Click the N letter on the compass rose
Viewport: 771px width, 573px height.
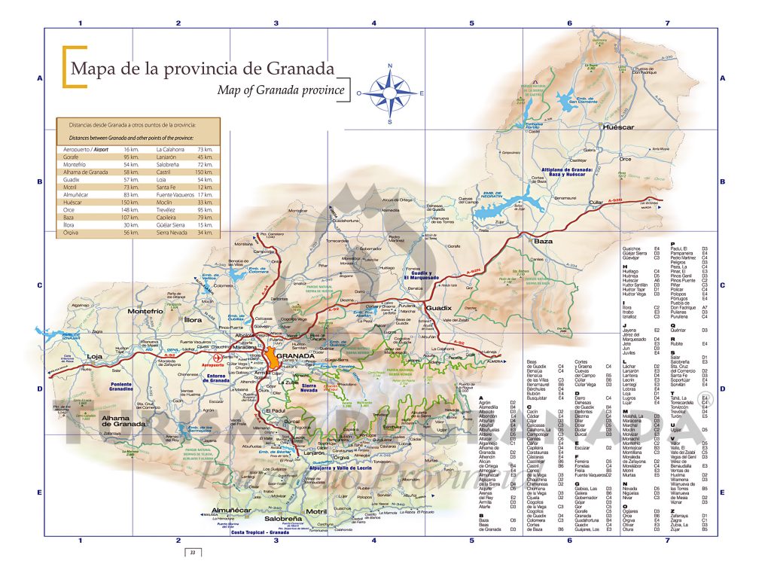390,66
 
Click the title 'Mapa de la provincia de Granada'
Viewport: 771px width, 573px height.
202,69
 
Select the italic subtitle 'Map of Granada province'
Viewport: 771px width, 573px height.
280,90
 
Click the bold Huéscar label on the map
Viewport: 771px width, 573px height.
619,128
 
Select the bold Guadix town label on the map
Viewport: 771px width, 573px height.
438,308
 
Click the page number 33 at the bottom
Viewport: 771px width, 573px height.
193,553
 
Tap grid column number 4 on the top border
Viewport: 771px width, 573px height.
373,23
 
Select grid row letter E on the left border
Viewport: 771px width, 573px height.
39,492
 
